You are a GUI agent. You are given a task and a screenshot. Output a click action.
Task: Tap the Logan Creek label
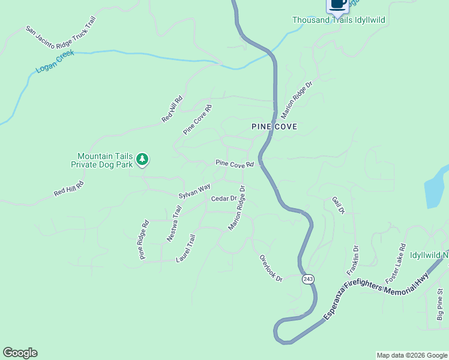[55, 61]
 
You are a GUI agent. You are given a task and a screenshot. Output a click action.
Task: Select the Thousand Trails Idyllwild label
[339, 20]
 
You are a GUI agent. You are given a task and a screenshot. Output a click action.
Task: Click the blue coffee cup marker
[337, 4]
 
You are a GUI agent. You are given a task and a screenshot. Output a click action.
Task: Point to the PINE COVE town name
[274, 127]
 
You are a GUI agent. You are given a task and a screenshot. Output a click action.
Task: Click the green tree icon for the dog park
[142, 159]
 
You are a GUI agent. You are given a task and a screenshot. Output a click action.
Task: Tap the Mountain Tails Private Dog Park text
[101, 160]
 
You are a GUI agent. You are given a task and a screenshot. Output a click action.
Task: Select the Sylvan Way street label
[194, 191]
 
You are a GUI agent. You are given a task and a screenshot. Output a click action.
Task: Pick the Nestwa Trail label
[174, 224]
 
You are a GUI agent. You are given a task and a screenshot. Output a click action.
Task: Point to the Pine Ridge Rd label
[143, 240]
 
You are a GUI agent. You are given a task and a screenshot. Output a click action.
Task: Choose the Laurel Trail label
[186, 249]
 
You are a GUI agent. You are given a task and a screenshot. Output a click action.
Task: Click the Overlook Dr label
[271, 268]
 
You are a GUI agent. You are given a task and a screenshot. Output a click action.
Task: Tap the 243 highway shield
[308, 279]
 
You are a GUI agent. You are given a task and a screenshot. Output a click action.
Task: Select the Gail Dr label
[338, 205]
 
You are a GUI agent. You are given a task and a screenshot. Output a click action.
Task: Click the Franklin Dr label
[352, 260]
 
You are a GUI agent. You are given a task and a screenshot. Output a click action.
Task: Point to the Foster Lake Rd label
[396, 263]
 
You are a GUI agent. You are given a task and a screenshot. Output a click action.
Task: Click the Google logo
[20, 353]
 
